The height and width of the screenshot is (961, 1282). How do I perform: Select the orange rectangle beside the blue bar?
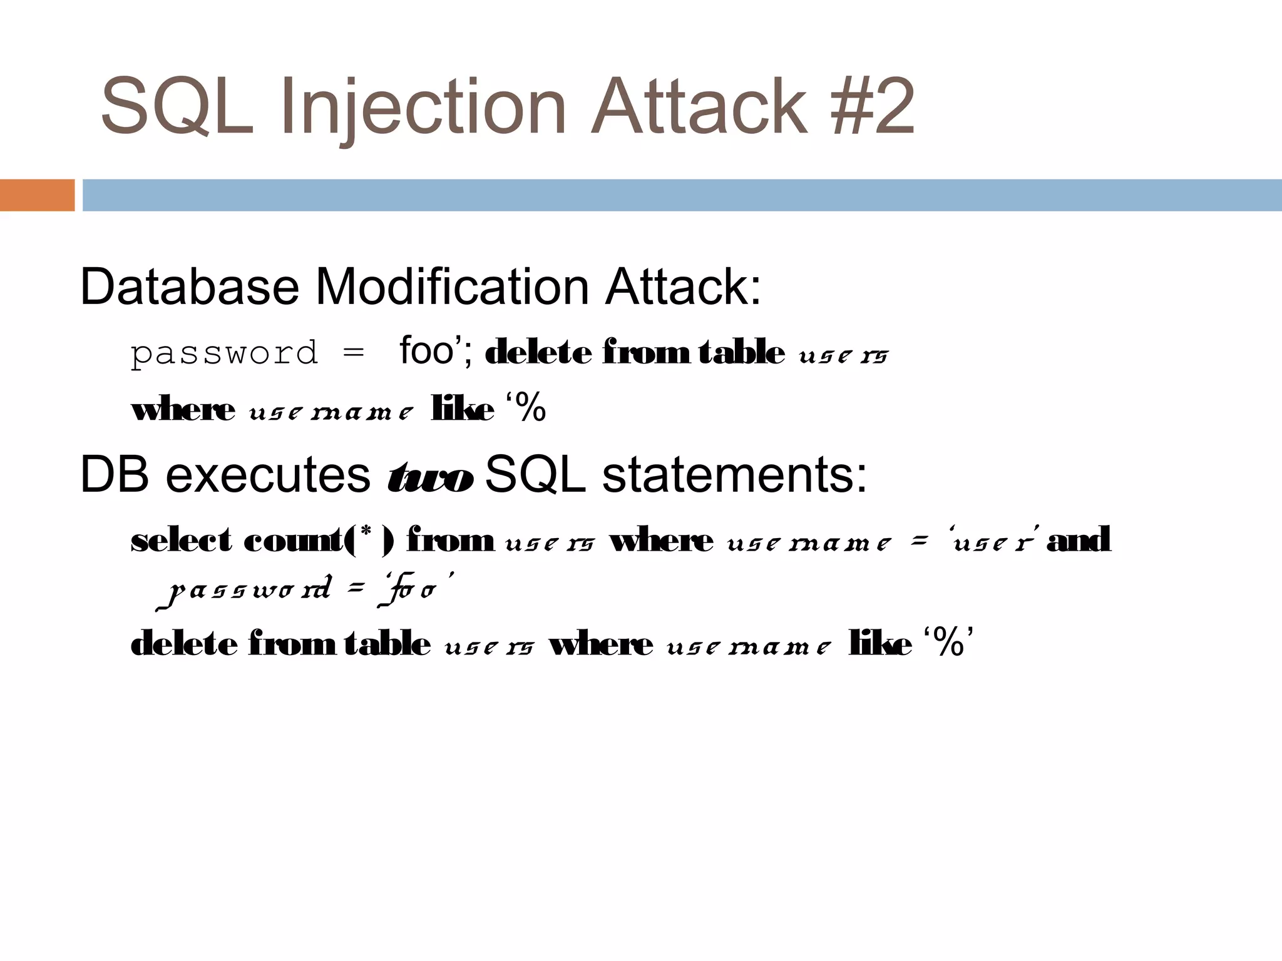(37, 195)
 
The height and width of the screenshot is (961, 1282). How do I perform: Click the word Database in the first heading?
(190, 287)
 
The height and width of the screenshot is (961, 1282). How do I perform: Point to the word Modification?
(452, 287)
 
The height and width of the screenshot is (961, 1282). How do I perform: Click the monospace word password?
(224, 353)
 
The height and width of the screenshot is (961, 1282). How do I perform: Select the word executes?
(268, 475)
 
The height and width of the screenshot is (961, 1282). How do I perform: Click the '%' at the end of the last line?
(948, 643)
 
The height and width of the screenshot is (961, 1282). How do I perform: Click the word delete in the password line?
(538, 353)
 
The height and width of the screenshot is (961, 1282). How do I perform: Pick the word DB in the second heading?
(115, 475)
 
